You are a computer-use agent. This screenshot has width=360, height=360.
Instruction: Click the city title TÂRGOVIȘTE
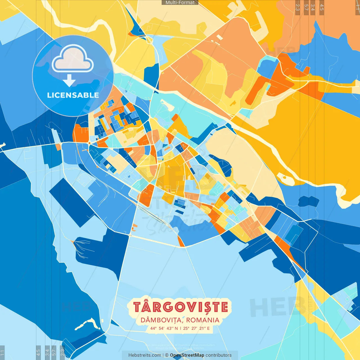(180, 307)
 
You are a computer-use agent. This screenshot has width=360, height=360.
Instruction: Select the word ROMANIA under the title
(202, 320)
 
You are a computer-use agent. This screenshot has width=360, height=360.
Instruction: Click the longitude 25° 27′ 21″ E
(196, 328)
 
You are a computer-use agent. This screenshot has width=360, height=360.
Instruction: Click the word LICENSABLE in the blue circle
(73, 95)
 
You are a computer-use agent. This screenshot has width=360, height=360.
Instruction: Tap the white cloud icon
(73, 59)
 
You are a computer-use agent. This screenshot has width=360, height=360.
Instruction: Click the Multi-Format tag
(180, 3)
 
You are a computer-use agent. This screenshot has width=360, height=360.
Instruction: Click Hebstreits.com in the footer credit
(145, 355)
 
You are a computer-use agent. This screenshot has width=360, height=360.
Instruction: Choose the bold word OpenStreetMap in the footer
(187, 355)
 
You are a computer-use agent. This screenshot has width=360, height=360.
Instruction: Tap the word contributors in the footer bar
(219, 355)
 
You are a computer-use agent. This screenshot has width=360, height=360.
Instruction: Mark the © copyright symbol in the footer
(167, 355)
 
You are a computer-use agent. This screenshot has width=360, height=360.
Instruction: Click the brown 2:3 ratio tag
(298, 7)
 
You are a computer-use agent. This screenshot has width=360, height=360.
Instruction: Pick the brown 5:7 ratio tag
(306, 7)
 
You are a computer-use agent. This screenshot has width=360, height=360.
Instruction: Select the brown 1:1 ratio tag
(357, 7)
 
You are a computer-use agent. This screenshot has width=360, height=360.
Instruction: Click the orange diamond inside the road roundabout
(89, 143)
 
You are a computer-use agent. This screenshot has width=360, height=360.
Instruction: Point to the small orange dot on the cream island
(284, 177)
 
